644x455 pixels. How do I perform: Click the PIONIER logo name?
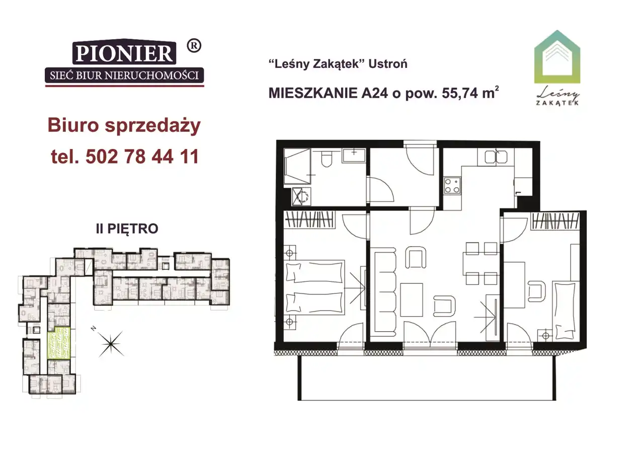(124, 53)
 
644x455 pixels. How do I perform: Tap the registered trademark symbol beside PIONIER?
(194, 46)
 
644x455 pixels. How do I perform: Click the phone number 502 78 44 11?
(142, 157)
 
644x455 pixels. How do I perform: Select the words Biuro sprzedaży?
(124, 126)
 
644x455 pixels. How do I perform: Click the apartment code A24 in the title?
(374, 93)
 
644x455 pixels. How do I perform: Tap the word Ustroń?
(388, 64)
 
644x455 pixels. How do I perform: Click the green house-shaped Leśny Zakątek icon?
(557, 57)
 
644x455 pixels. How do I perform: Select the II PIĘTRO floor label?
(127, 229)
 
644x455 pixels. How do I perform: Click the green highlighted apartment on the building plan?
(59, 343)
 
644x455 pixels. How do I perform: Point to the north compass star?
(111, 343)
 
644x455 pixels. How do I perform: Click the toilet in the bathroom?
(327, 159)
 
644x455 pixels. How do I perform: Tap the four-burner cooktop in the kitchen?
(452, 186)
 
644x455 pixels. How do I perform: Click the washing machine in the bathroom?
(301, 197)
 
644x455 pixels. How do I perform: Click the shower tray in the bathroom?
(297, 166)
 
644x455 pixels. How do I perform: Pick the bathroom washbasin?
(354, 155)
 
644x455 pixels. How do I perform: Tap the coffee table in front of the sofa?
(412, 299)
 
